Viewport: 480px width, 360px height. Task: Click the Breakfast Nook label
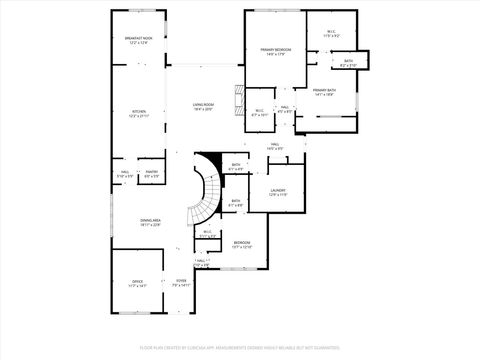[x=137, y=41]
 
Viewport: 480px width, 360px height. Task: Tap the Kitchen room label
[x=137, y=115]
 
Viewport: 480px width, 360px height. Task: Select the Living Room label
[x=204, y=106]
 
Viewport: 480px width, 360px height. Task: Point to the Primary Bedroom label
[x=274, y=52]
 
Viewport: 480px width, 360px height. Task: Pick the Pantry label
[x=152, y=174]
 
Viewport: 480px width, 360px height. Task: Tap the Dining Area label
[x=151, y=223]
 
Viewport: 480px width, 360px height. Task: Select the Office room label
[x=138, y=284]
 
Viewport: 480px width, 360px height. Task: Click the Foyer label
[x=181, y=284]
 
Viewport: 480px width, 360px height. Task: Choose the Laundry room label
[x=278, y=192]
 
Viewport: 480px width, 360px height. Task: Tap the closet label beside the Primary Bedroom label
[x=331, y=34]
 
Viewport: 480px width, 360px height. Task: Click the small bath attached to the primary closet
[x=348, y=64]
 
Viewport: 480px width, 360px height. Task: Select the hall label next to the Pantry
[x=126, y=174]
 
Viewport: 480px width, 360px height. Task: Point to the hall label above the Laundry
[x=274, y=147]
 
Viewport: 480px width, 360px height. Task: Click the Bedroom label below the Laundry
[x=243, y=244]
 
